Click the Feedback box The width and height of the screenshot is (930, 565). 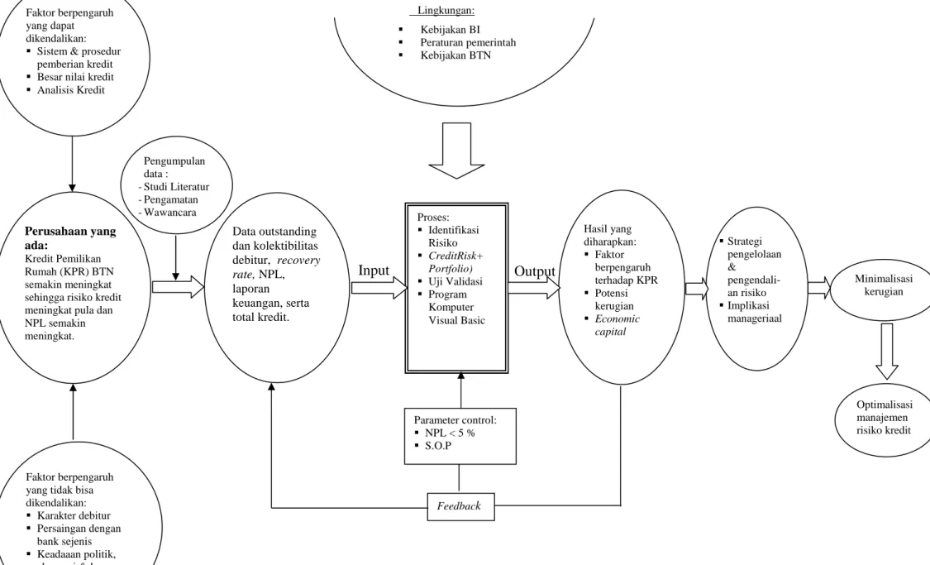(460, 506)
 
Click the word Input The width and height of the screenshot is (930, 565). (374, 271)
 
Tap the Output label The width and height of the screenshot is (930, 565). (534, 271)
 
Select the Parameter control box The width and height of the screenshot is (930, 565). (460, 436)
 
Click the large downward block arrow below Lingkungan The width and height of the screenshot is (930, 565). (456, 151)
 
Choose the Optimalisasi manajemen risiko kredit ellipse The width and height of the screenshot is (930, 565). (885, 419)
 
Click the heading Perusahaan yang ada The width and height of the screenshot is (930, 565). (70, 237)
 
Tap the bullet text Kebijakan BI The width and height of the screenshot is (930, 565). (451, 30)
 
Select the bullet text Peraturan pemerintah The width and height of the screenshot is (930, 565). (468, 43)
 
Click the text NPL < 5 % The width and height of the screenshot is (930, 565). (450, 433)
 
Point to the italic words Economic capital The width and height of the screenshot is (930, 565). (618, 325)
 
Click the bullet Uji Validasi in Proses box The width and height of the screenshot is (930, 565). (455, 281)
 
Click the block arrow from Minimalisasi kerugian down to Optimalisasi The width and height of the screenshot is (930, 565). (887, 352)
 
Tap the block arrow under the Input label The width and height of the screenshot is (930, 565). (379, 288)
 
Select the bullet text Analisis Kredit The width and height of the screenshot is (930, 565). (70, 90)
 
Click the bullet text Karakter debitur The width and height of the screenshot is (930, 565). (74, 515)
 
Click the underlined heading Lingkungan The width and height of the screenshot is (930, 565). (446, 10)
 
